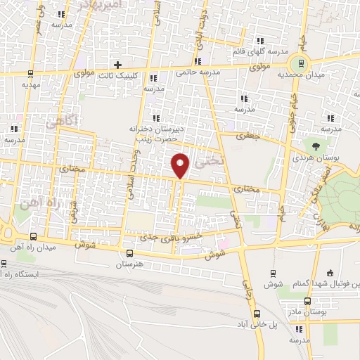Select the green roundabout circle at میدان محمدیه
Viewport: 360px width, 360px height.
point(302,63)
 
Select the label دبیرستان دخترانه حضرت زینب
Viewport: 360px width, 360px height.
point(155,134)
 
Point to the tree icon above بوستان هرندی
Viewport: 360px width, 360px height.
point(315,146)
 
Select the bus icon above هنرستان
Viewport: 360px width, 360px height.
point(129,253)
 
